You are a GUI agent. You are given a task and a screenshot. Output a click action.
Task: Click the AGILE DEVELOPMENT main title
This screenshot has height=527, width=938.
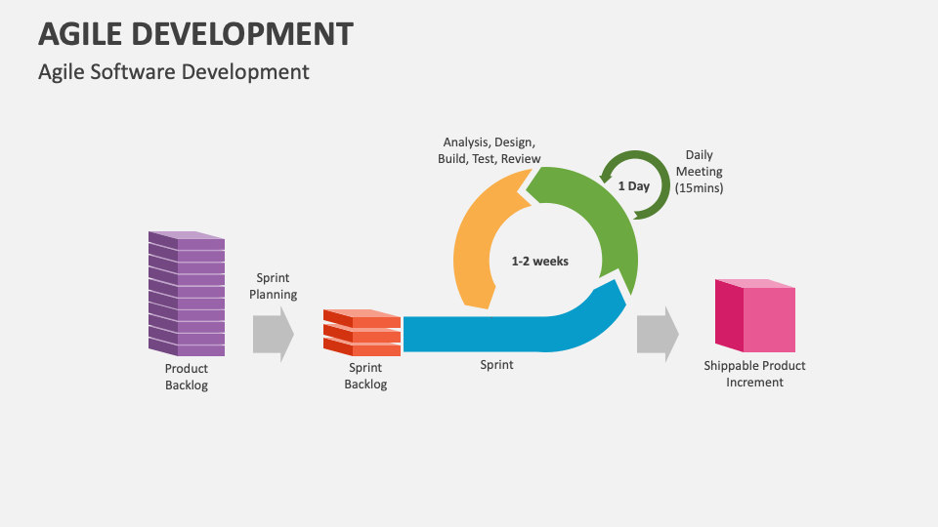point(195,34)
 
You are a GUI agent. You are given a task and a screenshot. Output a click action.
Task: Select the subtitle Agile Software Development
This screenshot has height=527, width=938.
point(173,71)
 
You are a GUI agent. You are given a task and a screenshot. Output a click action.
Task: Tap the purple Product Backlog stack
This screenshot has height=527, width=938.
point(186,293)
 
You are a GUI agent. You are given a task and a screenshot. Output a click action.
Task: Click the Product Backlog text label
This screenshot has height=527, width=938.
point(186,377)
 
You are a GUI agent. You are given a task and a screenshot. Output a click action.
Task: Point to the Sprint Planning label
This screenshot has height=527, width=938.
point(273,286)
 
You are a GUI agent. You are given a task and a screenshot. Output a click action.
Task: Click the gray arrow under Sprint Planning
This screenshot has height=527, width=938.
point(273,335)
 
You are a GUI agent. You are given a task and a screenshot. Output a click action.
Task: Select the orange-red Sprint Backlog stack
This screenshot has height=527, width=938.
point(362,332)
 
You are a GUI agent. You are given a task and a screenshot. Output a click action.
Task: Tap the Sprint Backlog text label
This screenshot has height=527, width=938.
point(365,376)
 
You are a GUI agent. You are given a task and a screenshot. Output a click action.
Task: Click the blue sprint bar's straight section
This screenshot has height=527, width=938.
point(469,334)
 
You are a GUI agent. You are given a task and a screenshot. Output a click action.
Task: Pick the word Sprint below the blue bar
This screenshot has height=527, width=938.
point(496,365)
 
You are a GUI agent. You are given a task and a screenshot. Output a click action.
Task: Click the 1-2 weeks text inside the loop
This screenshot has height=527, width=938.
point(539,262)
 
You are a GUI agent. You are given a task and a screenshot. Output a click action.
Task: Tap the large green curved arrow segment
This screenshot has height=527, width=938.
point(606,215)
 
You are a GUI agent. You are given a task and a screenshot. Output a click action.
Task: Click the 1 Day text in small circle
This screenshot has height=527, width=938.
point(633,186)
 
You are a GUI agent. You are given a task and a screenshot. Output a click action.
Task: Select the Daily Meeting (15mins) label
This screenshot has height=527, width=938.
point(699,171)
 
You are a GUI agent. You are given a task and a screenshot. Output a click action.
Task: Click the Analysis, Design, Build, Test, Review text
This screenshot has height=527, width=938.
point(489,150)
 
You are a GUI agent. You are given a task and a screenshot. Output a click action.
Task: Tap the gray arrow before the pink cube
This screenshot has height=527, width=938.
point(657,335)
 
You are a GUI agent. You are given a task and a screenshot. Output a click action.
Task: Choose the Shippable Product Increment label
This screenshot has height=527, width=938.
point(754,374)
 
